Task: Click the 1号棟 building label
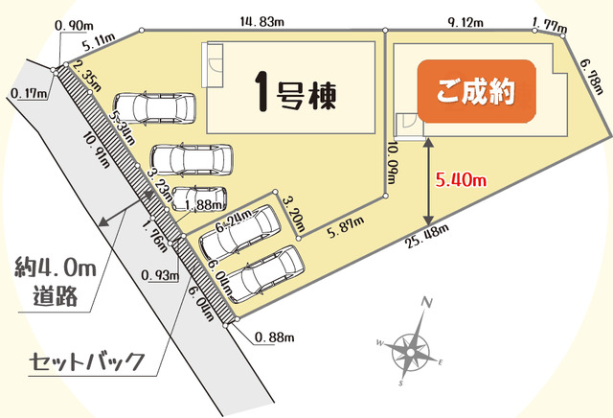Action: pyautogui.click(x=298, y=92)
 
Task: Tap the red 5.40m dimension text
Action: pyautogui.click(x=462, y=178)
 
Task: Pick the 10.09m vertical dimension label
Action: pyautogui.click(x=394, y=167)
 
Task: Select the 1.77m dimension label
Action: pyautogui.click(x=546, y=17)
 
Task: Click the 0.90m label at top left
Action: pyautogui.click(x=77, y=23)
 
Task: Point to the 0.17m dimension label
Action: pyautogui.click(x=28, y=93)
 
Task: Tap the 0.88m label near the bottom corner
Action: pyautogui.click(x=275, y=336)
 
